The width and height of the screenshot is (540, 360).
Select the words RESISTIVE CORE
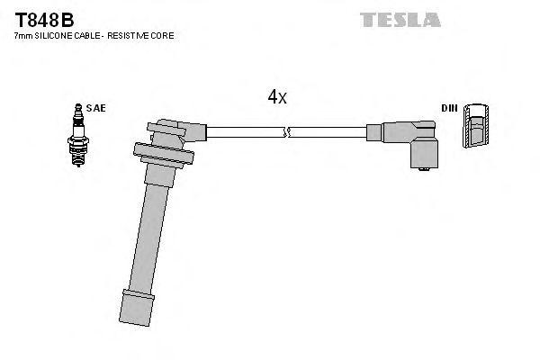click(x=144, y=35)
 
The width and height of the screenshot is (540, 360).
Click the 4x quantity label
click(x=277, y=97)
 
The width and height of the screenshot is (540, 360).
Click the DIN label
click(x=449, y=108)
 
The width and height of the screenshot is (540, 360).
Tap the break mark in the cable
click(x=286, y=133)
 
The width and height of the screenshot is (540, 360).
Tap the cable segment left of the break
click(x=243, y=133)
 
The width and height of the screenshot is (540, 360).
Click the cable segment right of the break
click(x=333, y=133)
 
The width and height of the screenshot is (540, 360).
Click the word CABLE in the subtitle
click(x=93, y=35)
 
